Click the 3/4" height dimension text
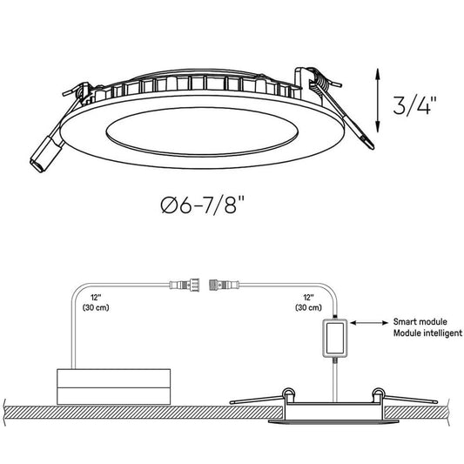coord(414,105)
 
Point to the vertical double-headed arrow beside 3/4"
coord(378,101)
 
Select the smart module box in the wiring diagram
coord(334,339)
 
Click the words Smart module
coord(420,321)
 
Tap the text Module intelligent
coord(427,333)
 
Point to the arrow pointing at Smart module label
coord(369,323)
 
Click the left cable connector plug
coord(185,285)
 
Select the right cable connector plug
coord(225,285)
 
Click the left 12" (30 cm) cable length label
coord(95,302)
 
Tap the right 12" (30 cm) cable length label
coord(308,302)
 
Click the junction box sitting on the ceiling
coord(113,387)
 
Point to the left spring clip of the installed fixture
coord(261,398)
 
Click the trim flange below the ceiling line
coord(333,421)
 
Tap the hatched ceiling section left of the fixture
coord(143,413)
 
